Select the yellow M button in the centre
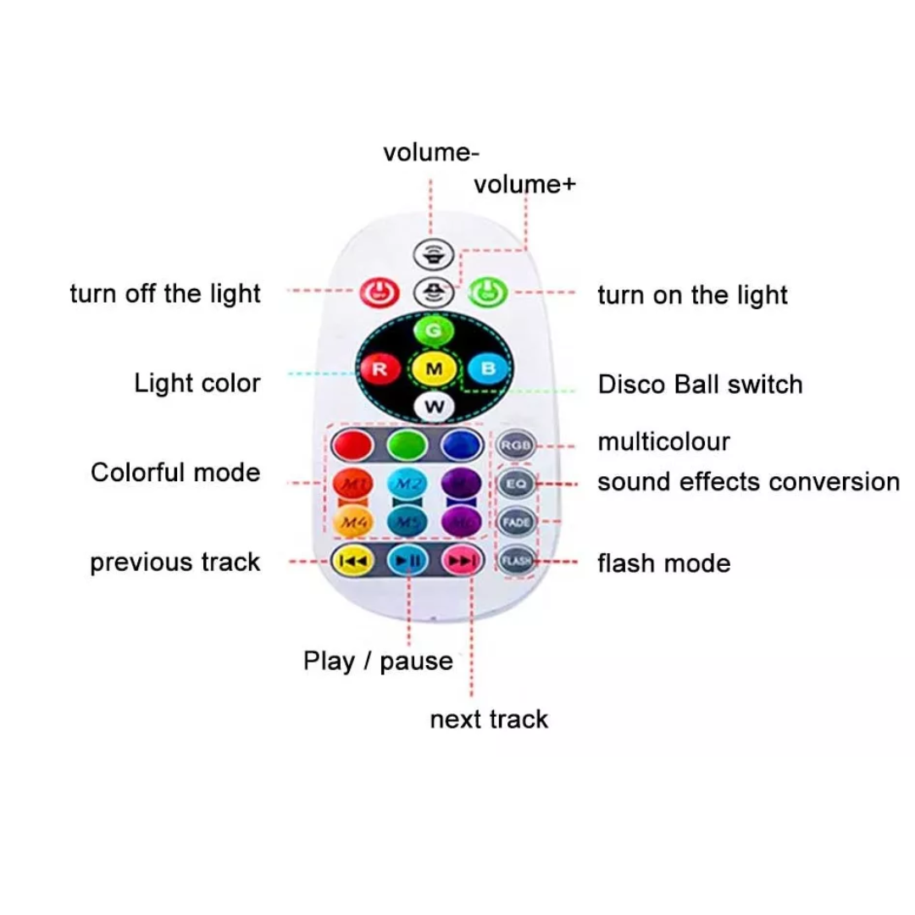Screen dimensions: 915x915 tap(434, 369)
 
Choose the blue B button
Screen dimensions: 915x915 tap(488, 369)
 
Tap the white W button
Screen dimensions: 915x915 tap(434, 407)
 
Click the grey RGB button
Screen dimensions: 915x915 tap(516, 444)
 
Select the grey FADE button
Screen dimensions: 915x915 tap(516, 522)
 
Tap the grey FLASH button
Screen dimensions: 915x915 tap(516, 560)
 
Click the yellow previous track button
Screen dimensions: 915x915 tap(352, 560)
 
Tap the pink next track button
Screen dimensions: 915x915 tap(462, 560)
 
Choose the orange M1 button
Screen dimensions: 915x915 tap(352, 484)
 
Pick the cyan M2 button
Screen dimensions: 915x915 tap(407, 484)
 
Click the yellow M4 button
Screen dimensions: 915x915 tap(352, 522)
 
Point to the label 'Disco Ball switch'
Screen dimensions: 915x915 tap(700, 384)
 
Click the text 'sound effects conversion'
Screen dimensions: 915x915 tap(748, 482)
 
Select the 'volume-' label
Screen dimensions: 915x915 tap(431, 153)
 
